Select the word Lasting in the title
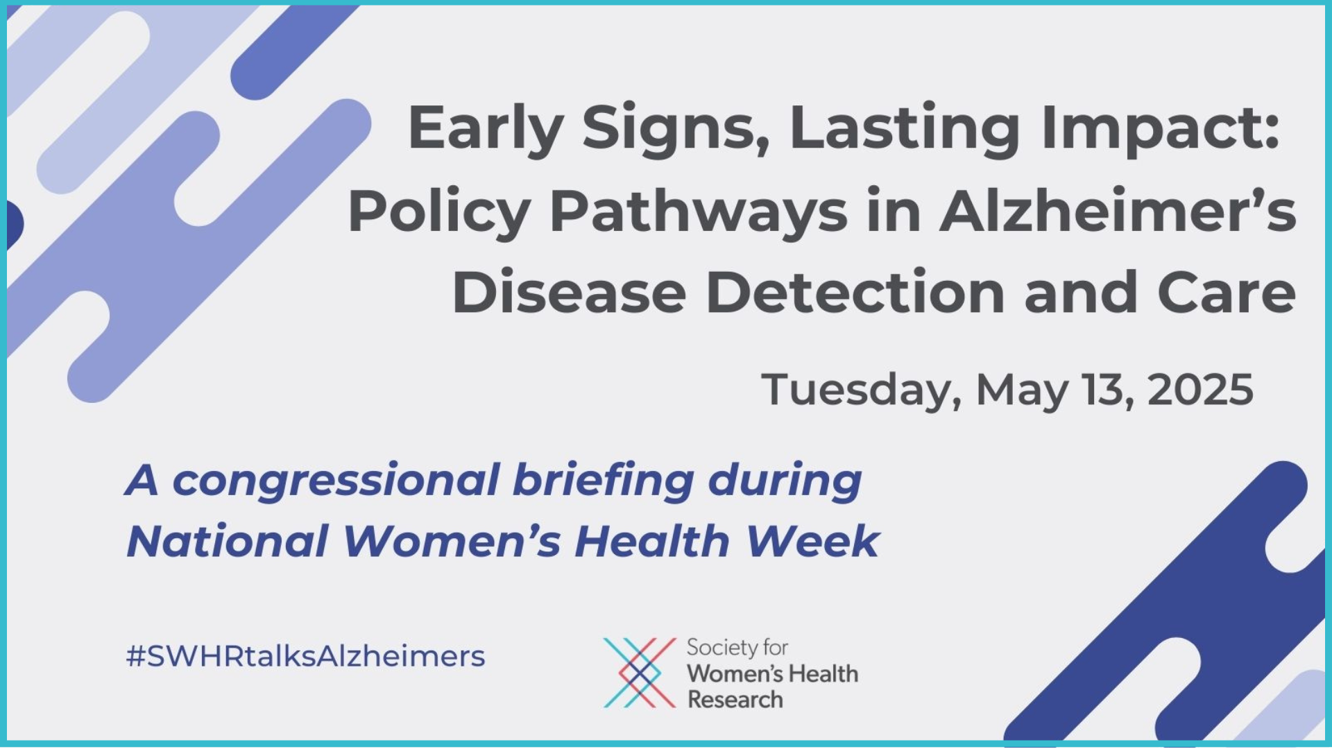905,130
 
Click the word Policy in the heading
438,212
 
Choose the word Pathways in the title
698,212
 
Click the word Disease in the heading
569,292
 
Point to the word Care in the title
1226,292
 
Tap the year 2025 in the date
1200,389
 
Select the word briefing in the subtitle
604,481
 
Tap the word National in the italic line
227,541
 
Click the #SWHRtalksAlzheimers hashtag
305,656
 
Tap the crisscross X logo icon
640,673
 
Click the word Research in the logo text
735,699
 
